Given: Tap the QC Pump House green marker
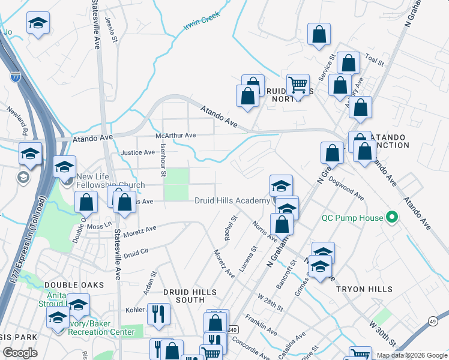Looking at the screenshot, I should click(393, 217).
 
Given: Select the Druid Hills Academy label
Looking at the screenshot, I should click(232, 200).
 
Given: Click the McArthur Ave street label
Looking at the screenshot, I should click(176, 136).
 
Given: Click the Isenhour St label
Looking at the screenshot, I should click(163, 163).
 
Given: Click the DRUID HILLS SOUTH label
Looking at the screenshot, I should click(189, 296).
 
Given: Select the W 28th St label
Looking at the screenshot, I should click(270, 302).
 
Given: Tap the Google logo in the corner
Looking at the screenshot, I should click(20, 353).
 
